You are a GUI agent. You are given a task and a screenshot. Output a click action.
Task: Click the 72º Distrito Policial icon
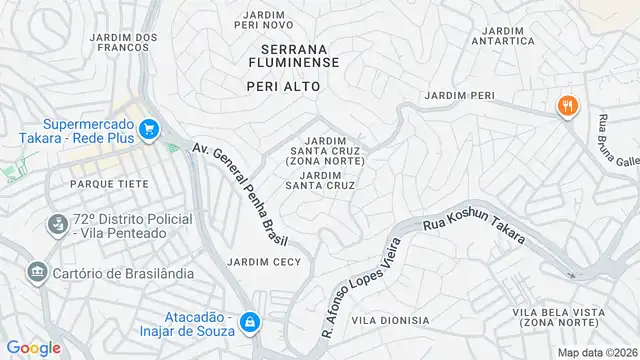(x=57, y=226)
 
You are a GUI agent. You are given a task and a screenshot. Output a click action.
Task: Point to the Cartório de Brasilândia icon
(x=38, y=272)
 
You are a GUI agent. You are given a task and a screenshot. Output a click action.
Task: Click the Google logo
(x=33, y=347)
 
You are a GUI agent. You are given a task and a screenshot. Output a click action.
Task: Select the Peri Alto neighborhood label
(x=284, y=87)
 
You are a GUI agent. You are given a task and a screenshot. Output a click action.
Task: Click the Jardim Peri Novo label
(x=264, y=18)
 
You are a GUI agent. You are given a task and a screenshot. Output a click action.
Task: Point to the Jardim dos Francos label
(x=124, y=44)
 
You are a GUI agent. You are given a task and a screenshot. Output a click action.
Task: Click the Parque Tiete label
(x=109, y=184)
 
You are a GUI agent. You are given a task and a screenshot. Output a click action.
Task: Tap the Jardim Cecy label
(x=264, y=262)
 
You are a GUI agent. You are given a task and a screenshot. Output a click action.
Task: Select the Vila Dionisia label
(x=390, y=320)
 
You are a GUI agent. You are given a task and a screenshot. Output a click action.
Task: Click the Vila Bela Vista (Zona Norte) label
(x=559, y=319)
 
